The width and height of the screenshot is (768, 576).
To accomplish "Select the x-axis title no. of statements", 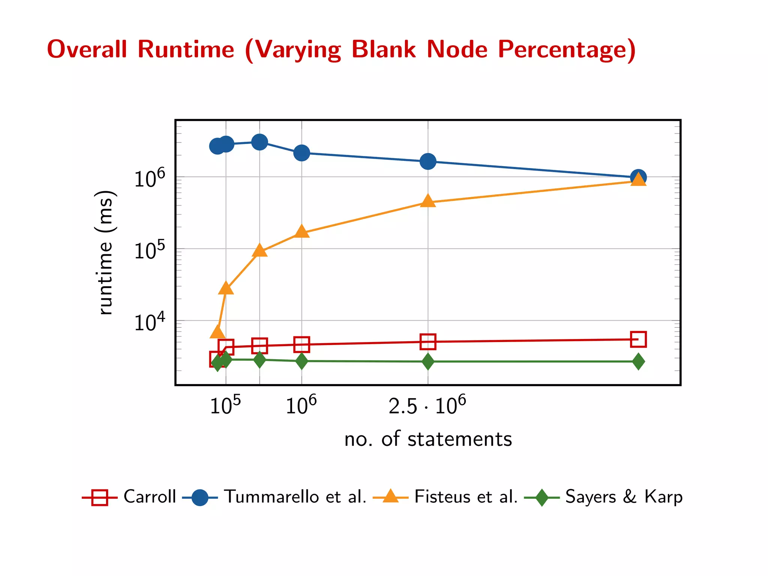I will [428, 439].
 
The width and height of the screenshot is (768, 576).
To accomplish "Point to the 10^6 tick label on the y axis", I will [149, 178].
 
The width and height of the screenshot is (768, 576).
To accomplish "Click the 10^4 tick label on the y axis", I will [149, 322].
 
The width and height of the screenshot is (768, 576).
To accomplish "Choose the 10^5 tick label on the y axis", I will [149, 250].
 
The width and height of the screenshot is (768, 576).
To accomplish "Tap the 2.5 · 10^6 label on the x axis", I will [427, 405].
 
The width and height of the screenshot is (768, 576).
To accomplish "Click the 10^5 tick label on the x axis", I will [225, 405].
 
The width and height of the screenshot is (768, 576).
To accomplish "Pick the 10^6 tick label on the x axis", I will [301, 405].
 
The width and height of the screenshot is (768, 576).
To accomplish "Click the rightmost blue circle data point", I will [638, 177].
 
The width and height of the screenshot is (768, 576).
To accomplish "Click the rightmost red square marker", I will [638, 339].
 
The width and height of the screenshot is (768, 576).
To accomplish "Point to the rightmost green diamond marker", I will [638, 361].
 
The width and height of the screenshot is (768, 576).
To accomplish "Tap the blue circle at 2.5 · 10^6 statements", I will [428, 161].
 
